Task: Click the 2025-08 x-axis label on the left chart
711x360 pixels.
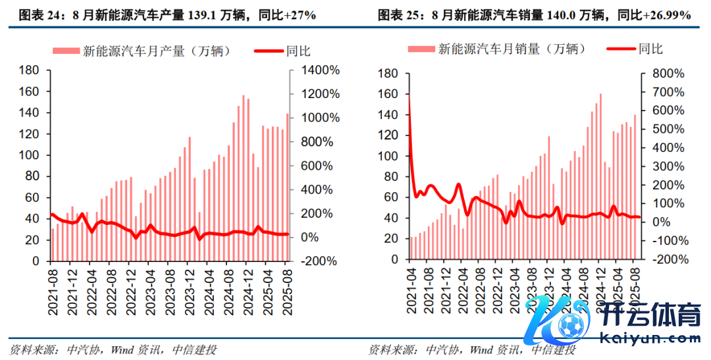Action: [288, 281]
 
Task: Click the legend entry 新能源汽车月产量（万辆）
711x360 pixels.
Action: [157, 50]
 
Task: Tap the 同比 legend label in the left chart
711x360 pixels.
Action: [299, 50]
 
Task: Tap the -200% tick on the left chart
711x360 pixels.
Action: [321, 261]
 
